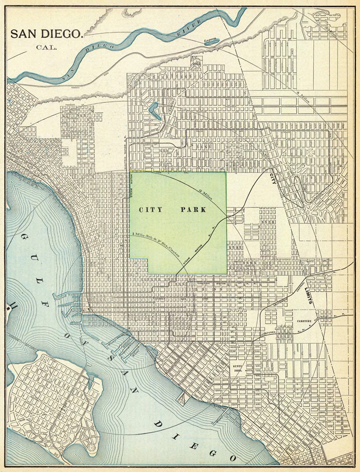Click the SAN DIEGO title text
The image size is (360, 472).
46,34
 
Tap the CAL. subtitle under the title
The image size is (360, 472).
46,48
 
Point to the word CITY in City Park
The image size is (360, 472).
151,210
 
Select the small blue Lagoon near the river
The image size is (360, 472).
211,42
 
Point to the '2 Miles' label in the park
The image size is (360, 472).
205,194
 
